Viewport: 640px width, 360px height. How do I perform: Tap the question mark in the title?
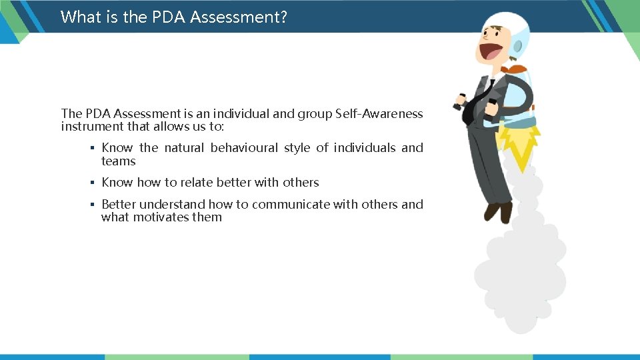284,17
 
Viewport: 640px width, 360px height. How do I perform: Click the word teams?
118,161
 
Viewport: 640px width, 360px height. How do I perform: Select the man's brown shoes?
498,211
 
